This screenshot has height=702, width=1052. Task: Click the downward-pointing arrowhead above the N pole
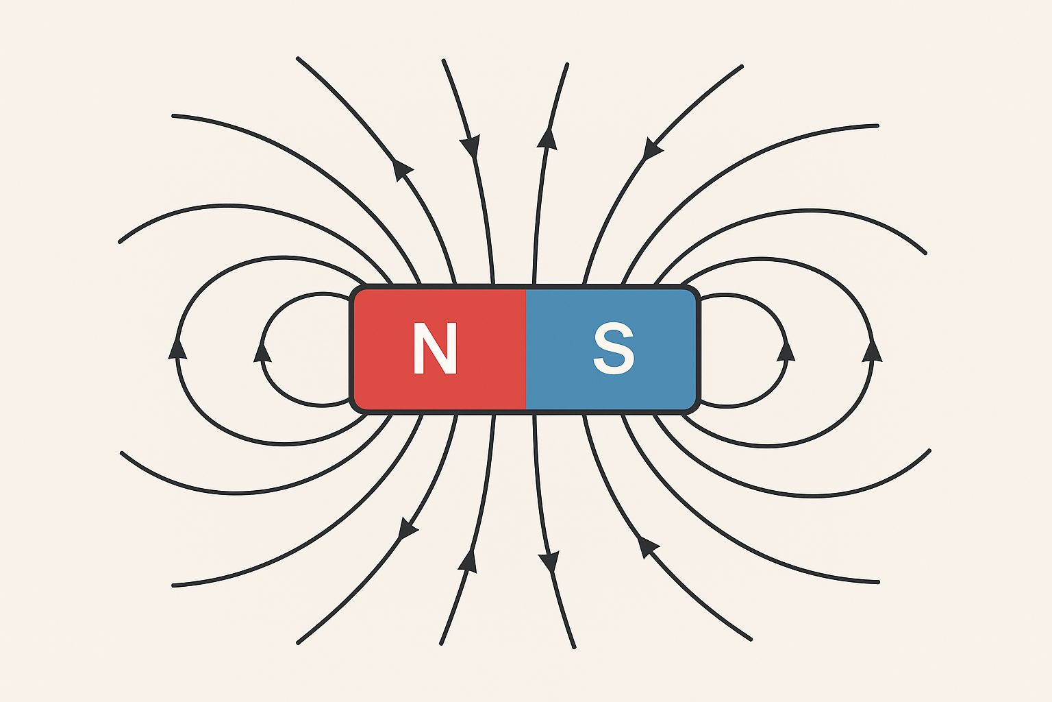click(471, 147)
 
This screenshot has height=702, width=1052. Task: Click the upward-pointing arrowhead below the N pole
click(468, 560)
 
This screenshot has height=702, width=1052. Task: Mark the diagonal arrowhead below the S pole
click(647, 546)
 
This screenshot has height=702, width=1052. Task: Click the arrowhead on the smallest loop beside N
click(262, 352)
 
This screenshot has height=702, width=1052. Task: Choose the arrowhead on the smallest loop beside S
click(786, 350)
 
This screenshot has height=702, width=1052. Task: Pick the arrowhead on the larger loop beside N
click(178, 348)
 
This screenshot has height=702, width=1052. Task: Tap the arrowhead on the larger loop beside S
click(872, 350)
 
